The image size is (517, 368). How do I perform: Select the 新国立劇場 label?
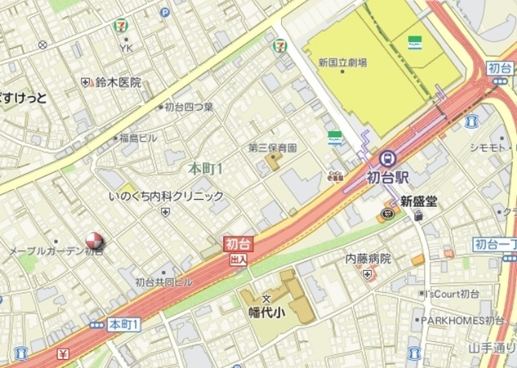pyautogui.click(x=343, y=61)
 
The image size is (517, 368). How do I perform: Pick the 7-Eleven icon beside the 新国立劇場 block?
pyautogui.click(x=280, y=46)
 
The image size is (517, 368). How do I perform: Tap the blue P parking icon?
pyautogui.click(x=165, y=12)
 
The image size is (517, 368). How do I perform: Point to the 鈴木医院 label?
pyautogui.click(x=117, y=82)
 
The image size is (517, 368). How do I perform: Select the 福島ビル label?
pyautogui.click(x=138, y=138)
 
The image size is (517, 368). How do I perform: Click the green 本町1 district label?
pyautogui.click(x=205, y=169)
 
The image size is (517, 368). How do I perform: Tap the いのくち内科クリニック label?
pyautogui.click(x=166, y=196)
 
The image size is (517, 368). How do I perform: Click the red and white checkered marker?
pyautogui.click(x=95, y=239)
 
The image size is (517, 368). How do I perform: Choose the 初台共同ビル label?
pyautogui.click(x=163, y=282)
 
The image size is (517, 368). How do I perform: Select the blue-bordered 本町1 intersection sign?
pyautogui.click(x=124, y=324)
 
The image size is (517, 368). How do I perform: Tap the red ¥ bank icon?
pyautogui.click(x=63, y=353)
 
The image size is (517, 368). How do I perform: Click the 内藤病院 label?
pyautogui.click(x=368, y=259)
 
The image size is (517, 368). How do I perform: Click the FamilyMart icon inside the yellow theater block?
pyautogui.click(x=415, y=40)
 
